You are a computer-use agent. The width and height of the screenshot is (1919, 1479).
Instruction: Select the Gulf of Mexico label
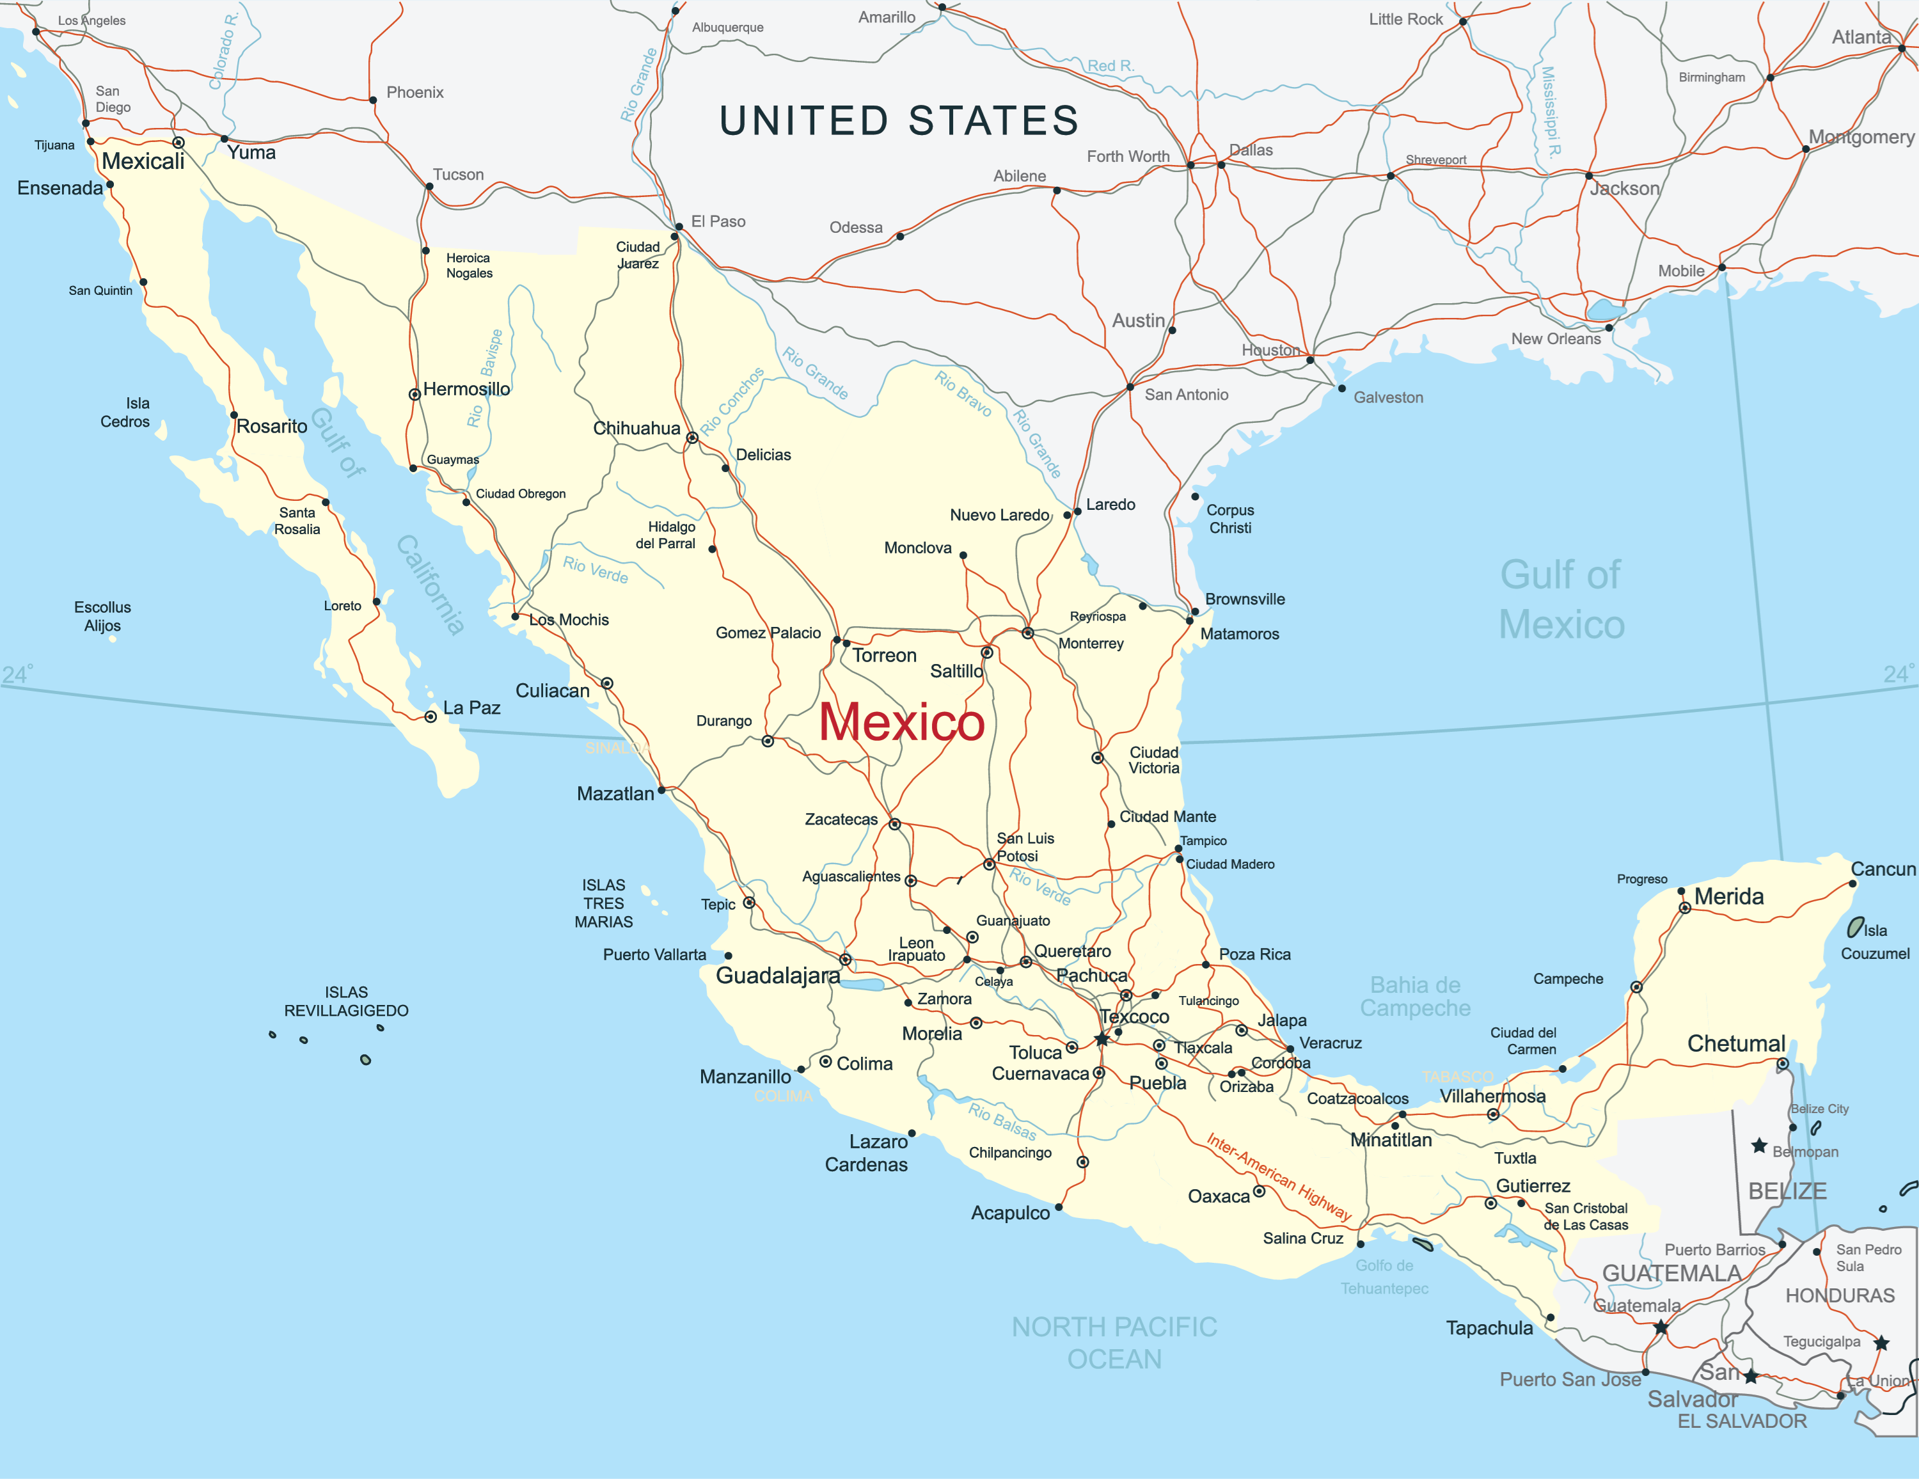1561,599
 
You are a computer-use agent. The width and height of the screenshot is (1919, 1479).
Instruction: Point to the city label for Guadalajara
778,976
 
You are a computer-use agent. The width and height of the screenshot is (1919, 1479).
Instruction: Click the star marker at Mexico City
1102,1039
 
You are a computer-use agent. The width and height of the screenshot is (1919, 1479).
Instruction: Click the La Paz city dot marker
430,717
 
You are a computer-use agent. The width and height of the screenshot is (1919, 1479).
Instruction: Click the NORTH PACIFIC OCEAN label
1114,1343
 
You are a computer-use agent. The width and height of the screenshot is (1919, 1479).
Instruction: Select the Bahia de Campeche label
1415,997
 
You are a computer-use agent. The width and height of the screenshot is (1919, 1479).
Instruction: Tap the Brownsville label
1244,599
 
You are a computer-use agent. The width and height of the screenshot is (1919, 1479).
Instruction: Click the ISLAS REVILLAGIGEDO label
346,1002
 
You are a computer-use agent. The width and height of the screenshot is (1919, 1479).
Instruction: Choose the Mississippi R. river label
1551,111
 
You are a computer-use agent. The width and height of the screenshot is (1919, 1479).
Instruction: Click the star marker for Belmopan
1759,1146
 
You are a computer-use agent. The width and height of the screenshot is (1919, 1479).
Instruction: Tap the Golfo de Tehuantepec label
1385,1277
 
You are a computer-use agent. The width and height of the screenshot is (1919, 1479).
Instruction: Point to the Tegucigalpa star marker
1881,1343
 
